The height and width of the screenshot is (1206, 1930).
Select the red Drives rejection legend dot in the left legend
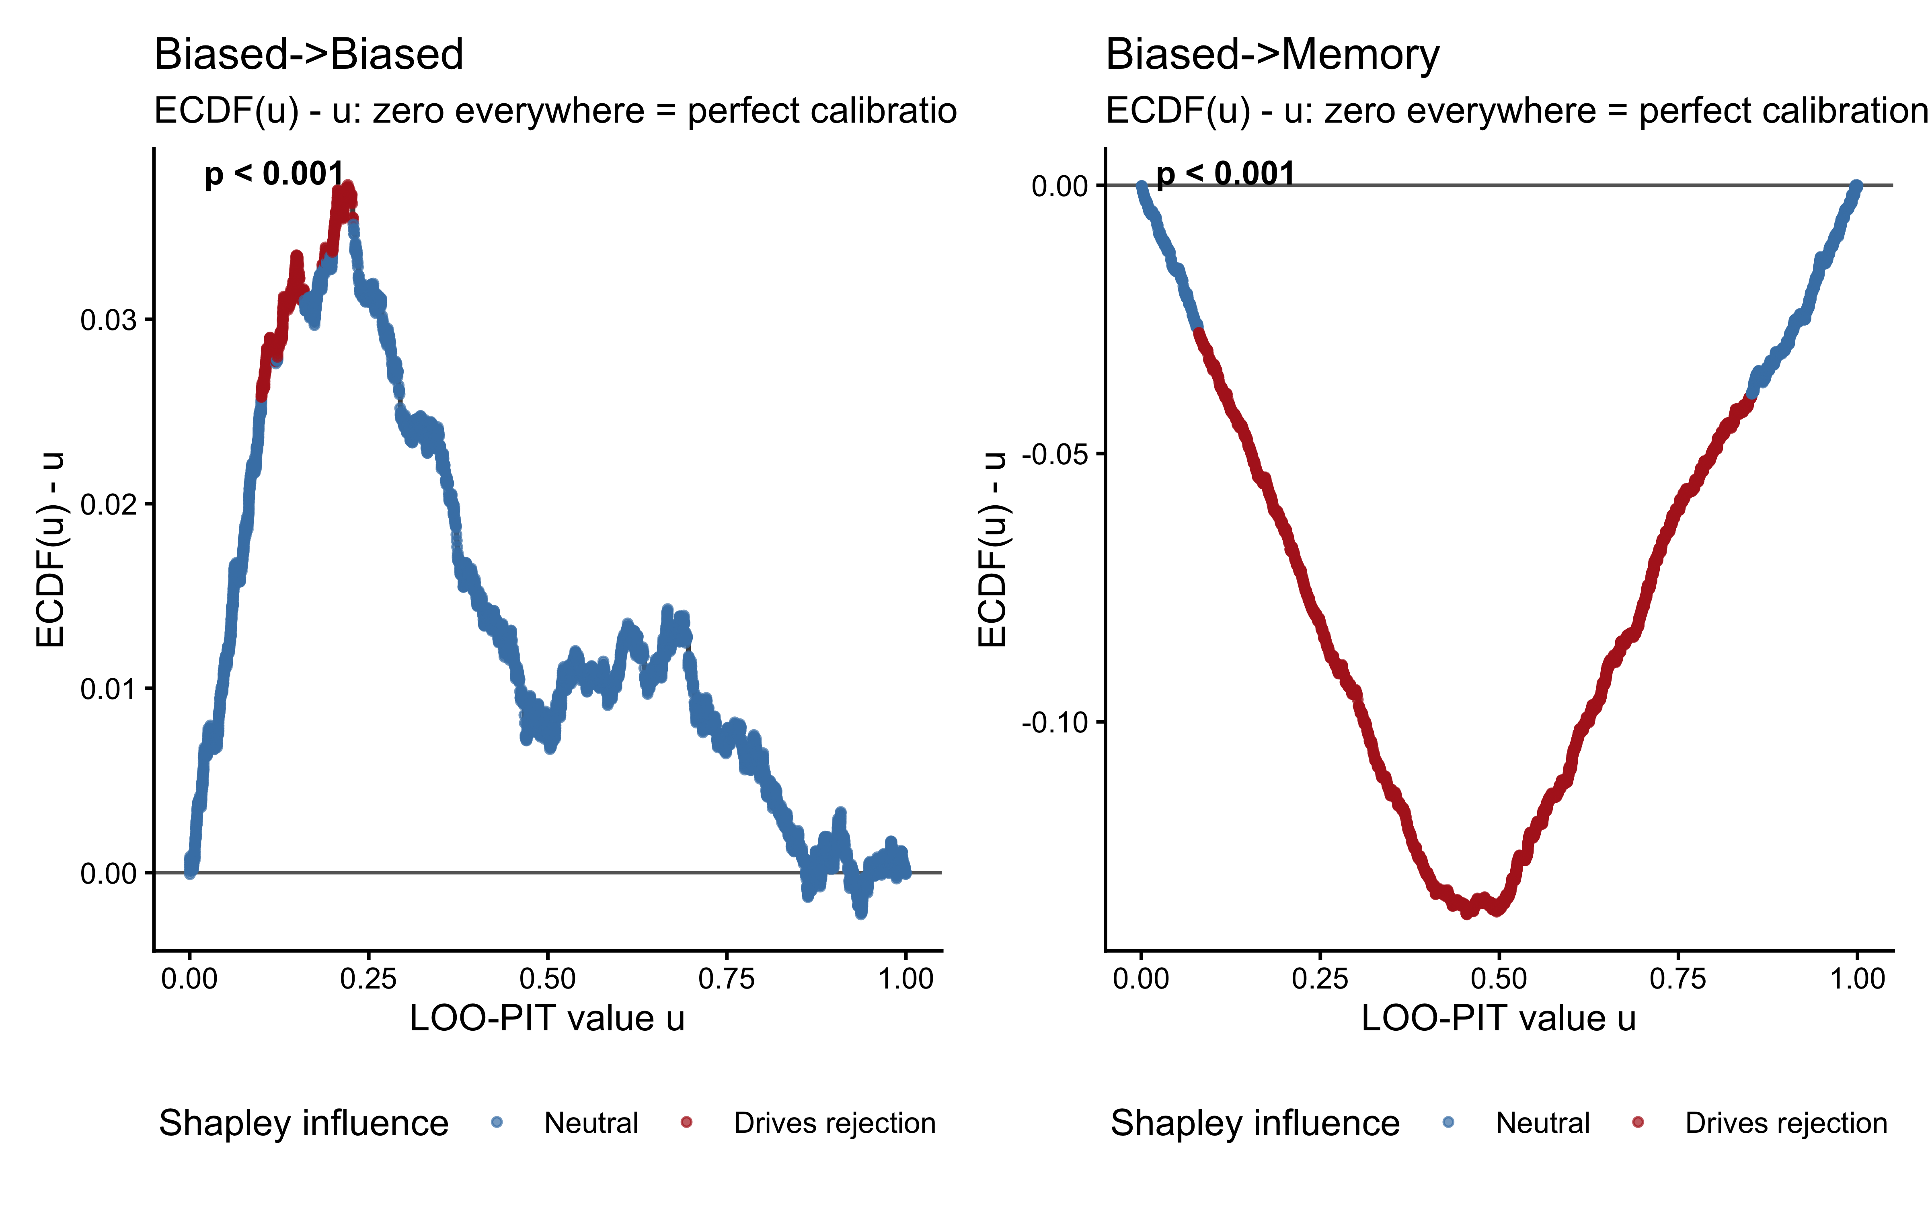686,1122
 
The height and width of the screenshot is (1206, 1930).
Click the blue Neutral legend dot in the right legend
1448,1122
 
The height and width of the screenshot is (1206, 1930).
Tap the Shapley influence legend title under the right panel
1254,1122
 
